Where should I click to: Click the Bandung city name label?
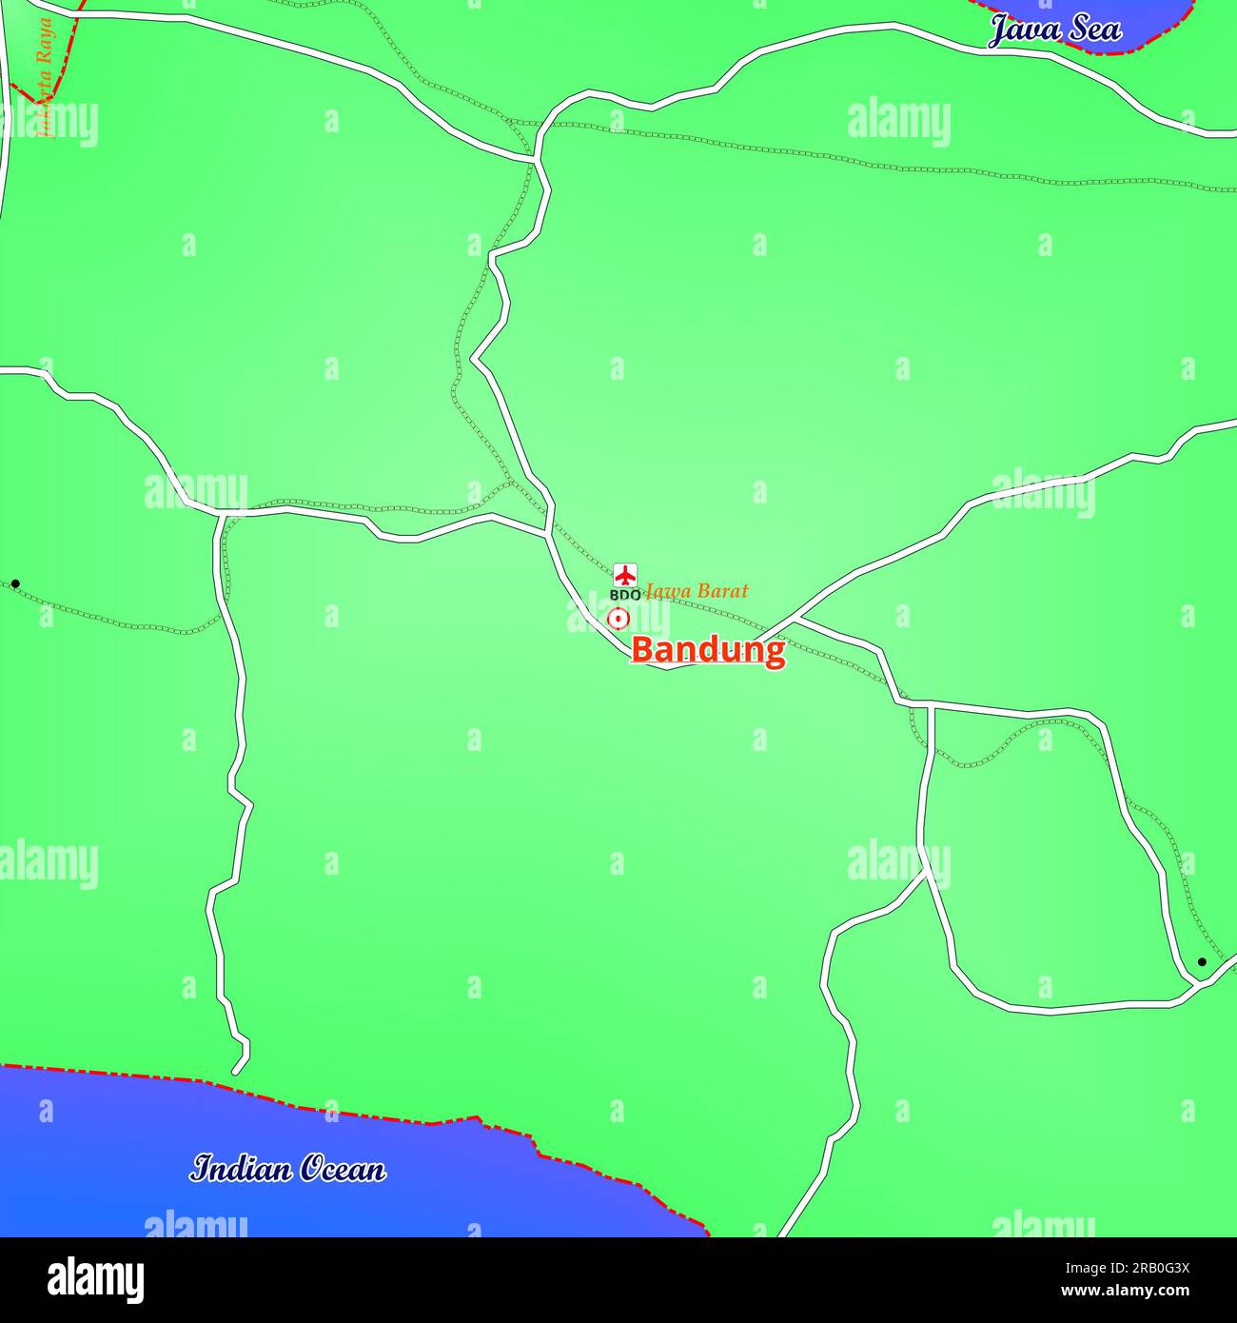(x=708, y=650)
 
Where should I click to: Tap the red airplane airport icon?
(x=624, y=574)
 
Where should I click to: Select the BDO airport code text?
(x=624, y=595)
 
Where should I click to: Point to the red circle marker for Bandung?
(x=618, y=619)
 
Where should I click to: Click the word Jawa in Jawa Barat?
(x=667, y=591)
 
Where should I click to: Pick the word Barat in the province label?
(x=720, y=591)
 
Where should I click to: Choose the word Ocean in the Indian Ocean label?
(x=343, y=1168)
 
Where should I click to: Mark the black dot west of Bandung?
(x=15, y=583)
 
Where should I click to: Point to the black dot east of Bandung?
(x=1202, y=962)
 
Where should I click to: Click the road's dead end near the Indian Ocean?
(x=237, y=1071)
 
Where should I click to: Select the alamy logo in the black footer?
(x=95, y=1280)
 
